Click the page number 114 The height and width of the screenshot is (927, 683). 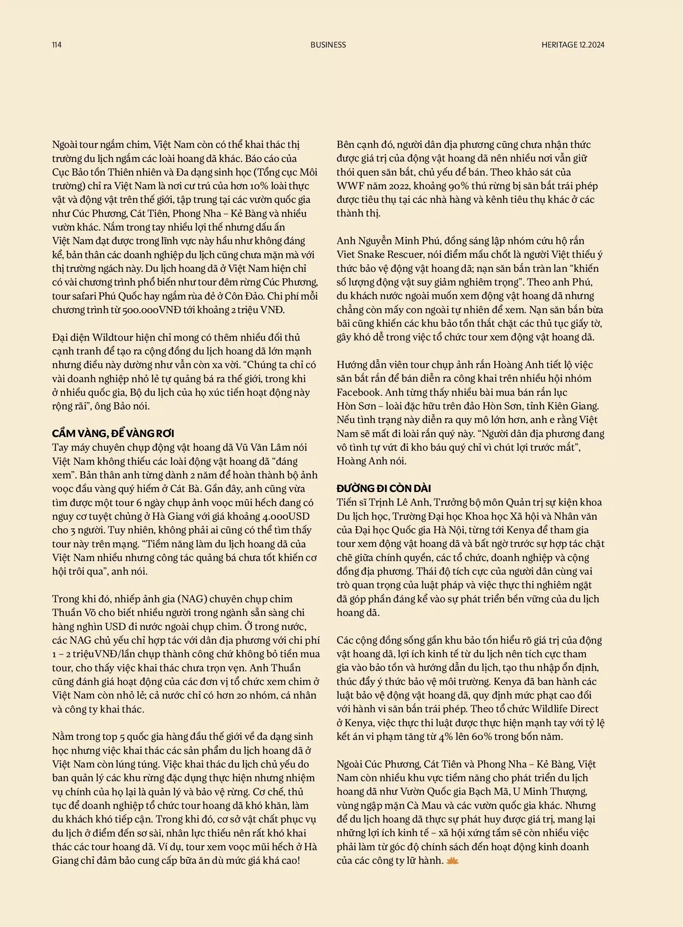[57, 45]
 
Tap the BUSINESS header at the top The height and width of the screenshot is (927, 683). [328, 45]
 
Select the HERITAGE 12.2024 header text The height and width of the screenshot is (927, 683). [573, 45]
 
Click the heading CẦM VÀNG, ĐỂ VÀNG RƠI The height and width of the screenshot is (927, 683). [113, 433]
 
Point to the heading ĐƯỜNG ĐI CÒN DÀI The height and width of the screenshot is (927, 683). [384, 489]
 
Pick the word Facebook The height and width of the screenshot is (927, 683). [358, 392]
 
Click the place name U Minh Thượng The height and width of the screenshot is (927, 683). [555, 792]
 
